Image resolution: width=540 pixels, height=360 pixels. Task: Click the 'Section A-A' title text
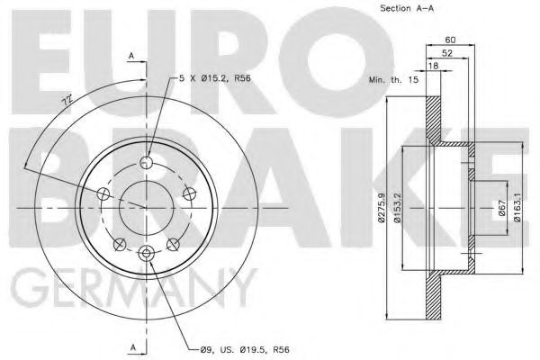coord(399,10)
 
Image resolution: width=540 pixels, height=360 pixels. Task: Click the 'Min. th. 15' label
coord(392,80)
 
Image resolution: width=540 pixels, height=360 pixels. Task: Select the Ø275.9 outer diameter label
coord(382,208)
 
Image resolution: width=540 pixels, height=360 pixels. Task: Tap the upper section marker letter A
coord(132,56)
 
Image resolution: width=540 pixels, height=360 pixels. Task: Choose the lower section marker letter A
coord(132,346)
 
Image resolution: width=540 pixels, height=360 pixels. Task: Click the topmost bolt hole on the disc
coord(147,163)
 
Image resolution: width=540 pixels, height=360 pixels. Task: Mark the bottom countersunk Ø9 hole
coord(147,254)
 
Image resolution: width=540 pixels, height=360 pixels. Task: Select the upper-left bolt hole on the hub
coord(103,194)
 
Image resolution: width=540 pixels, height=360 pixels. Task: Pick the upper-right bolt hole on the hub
coord(189,194)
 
